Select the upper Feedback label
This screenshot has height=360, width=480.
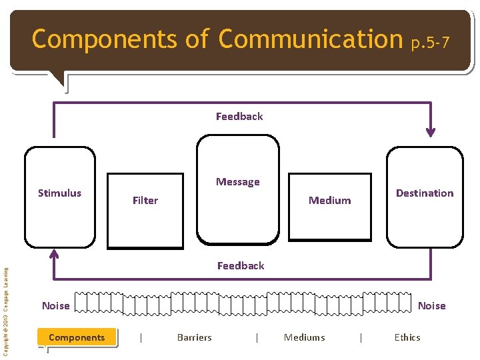(239, 117)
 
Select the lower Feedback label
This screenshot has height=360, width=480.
(241, 266)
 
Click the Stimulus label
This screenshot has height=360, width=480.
(59, 193)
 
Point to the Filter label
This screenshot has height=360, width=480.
(145, 201)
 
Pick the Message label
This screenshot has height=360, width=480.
(238, 182)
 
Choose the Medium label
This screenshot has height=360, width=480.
(329, 201)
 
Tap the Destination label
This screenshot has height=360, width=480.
(425, 193)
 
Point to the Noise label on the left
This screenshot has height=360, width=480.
(55, 306)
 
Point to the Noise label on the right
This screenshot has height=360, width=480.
(431, 306)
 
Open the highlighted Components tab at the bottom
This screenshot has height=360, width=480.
(77, 337)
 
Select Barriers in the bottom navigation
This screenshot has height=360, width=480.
(194, 337)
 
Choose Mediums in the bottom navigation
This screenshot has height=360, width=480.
(305, 337)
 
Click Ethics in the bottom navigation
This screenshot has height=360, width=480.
(407, 337)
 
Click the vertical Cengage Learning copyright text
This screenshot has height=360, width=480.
(6, 311)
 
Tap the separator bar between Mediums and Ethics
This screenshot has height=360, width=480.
(361, 337)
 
